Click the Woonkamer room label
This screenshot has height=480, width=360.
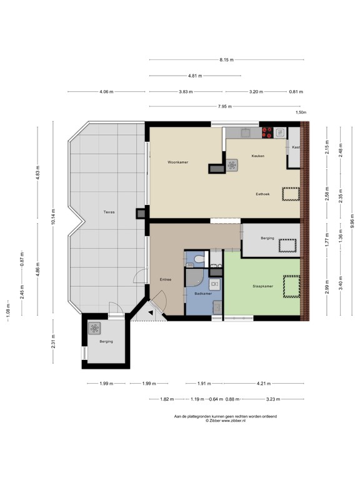(177, 162)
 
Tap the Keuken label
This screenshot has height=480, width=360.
(257, 156)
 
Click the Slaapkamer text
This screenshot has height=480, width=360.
(262, 286)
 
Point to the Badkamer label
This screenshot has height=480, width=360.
(203, 292)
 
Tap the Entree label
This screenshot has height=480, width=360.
(165, 279)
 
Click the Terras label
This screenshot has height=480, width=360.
(109, 212)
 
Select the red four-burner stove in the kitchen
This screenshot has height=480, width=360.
(267, 132)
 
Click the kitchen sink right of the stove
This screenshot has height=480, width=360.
(279, 132)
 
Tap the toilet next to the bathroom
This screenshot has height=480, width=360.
(198, 258)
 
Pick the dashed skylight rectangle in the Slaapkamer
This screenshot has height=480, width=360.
(291, 286)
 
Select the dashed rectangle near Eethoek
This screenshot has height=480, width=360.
(291, 194)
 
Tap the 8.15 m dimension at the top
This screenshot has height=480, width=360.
(226, 60)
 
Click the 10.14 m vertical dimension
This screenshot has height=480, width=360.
(54, 216)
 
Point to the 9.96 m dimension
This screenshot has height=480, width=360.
(352, 222)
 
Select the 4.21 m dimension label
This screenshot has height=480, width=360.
(271, 383)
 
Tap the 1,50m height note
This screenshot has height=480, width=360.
(301, 113)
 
